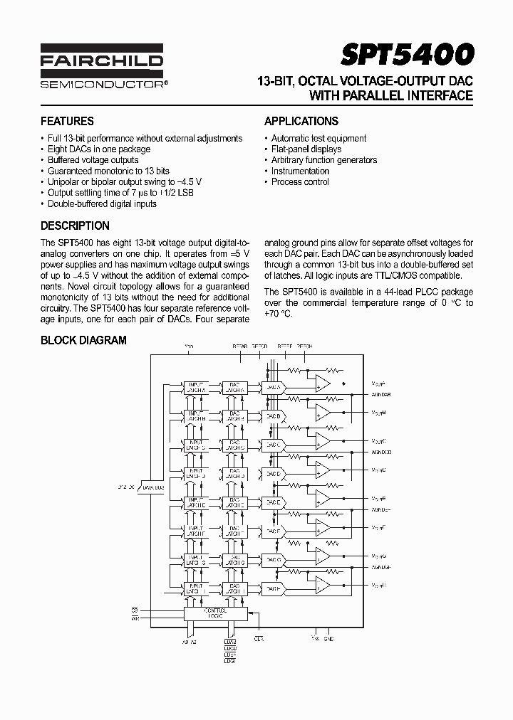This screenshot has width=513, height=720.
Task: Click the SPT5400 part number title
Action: tap(407, 55)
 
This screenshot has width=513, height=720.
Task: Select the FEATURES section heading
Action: tap(67, 121)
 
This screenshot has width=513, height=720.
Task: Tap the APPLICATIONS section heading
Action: tap(301, 121)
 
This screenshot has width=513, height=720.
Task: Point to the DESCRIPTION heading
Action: tap(75, 226)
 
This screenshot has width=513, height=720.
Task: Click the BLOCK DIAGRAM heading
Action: tap(83, 340)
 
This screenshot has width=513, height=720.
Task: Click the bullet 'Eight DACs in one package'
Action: tap(99, 149)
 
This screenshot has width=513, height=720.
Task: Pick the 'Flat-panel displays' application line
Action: tap(306, 149)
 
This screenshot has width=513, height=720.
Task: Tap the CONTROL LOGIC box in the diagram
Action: tap(215, 613)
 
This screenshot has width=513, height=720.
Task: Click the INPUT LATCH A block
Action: tap(195, 386)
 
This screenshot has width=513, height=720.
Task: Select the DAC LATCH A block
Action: tap(233, 386)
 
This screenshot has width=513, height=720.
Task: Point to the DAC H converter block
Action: tap(271, 588)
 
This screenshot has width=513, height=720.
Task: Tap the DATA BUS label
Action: tap(153, 487)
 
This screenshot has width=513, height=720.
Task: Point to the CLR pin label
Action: tap(259, 638)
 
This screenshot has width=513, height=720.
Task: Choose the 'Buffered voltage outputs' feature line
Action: tap(93, 160)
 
